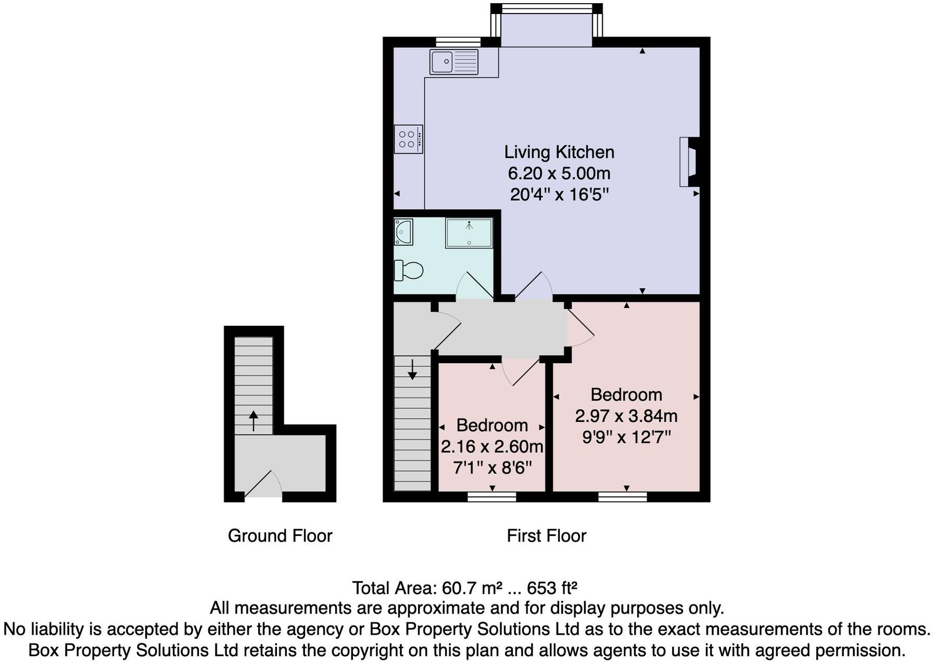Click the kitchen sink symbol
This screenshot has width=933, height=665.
(x=454, y=62)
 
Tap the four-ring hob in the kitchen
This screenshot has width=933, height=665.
(x=408, y=139)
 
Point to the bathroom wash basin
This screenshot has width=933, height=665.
(x=404, y=232)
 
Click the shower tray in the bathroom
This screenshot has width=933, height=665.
(x=469, y=233)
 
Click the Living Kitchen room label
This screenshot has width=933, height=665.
(x=559, y=152)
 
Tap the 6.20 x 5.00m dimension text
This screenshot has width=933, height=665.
(x=559, y=173)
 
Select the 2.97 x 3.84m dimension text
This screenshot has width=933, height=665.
(x=626, y=416)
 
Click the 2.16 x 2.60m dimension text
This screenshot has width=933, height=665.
(x=492, y=446)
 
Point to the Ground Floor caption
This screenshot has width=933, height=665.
(x=280, y=536)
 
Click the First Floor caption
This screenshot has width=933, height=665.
(x=547, y=536)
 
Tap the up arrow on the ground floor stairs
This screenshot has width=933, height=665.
(x=254, y=420)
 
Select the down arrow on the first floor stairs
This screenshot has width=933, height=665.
(x=412, y=369)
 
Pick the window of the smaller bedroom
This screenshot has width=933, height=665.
(x=492, y=497)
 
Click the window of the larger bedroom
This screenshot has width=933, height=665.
(x=623, y=497)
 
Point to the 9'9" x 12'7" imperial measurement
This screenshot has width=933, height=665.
(x=626, y=437)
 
